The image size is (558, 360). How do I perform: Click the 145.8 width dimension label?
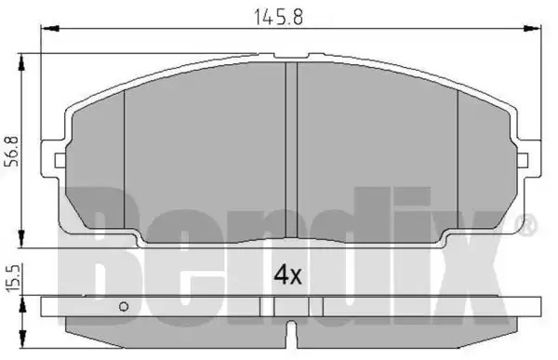(278, 17)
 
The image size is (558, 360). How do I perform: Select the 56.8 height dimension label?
(14, 151)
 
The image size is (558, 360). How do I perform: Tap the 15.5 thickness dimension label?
(14, 278)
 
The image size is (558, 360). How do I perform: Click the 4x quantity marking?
(287, 275)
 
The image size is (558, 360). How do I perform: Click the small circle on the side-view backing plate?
(124, 306)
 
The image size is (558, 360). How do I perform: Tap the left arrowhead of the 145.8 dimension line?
(50, 28)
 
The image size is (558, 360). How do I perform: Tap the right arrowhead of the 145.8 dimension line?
(531, 28)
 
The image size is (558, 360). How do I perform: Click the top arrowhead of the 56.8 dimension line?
(22, 63)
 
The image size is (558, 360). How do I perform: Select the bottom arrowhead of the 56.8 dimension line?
(22, 238)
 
